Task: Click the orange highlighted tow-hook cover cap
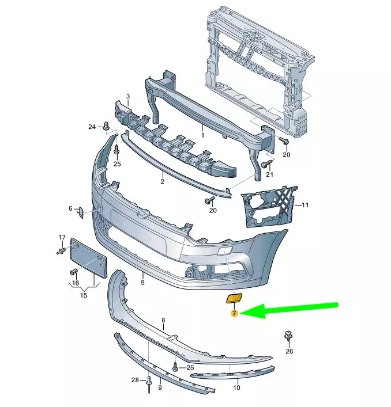234,298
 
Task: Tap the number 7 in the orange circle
235,313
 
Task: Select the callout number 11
305,205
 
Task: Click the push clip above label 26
288,336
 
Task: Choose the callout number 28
135,380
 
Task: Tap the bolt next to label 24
106,126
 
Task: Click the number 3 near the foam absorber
128,96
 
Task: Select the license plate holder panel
89,258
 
